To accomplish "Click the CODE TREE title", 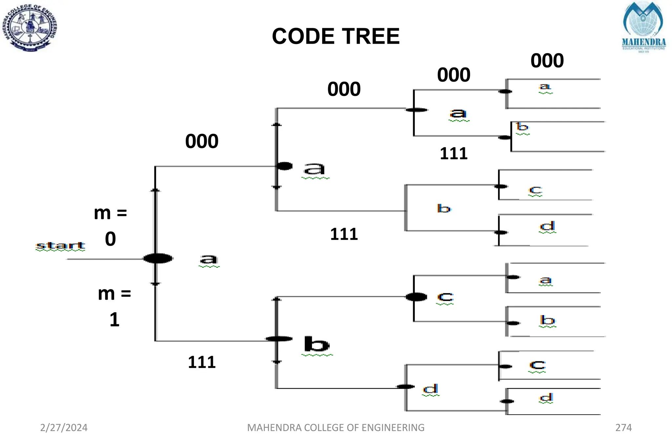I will (336, 36).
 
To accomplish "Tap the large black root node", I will (158, 258).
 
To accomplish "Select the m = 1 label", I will (114, 306).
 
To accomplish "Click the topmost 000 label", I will (547, 61).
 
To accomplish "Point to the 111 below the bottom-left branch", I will (201, 362).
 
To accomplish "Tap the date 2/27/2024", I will (64, 427).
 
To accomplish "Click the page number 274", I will (623, 427).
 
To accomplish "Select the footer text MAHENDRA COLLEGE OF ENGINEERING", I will (336, 427).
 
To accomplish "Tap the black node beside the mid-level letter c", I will (416, 297).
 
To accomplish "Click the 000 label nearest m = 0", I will (201, 141).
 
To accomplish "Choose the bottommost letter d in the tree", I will (546, 397).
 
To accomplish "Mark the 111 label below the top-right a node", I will (453, 154).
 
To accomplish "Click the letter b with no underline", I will (444, 208).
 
